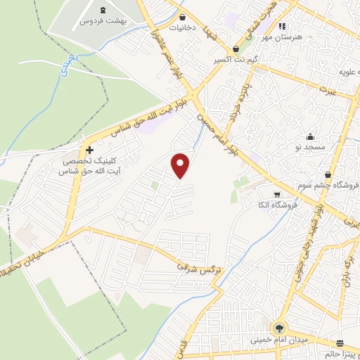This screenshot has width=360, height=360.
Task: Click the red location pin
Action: click(181, 165)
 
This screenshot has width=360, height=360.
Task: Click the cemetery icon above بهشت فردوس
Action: click(103, 10)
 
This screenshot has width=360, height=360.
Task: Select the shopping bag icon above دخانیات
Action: click(183, 17)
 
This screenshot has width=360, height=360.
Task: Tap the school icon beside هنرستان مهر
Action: click(282, 27)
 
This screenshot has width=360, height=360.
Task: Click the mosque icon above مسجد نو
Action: click(310, 136)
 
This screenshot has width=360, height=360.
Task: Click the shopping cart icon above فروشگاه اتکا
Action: click(277, 194)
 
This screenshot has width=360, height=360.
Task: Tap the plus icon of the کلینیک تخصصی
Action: click(89, 150)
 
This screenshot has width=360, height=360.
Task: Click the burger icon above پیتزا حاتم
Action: click(341, 344)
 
